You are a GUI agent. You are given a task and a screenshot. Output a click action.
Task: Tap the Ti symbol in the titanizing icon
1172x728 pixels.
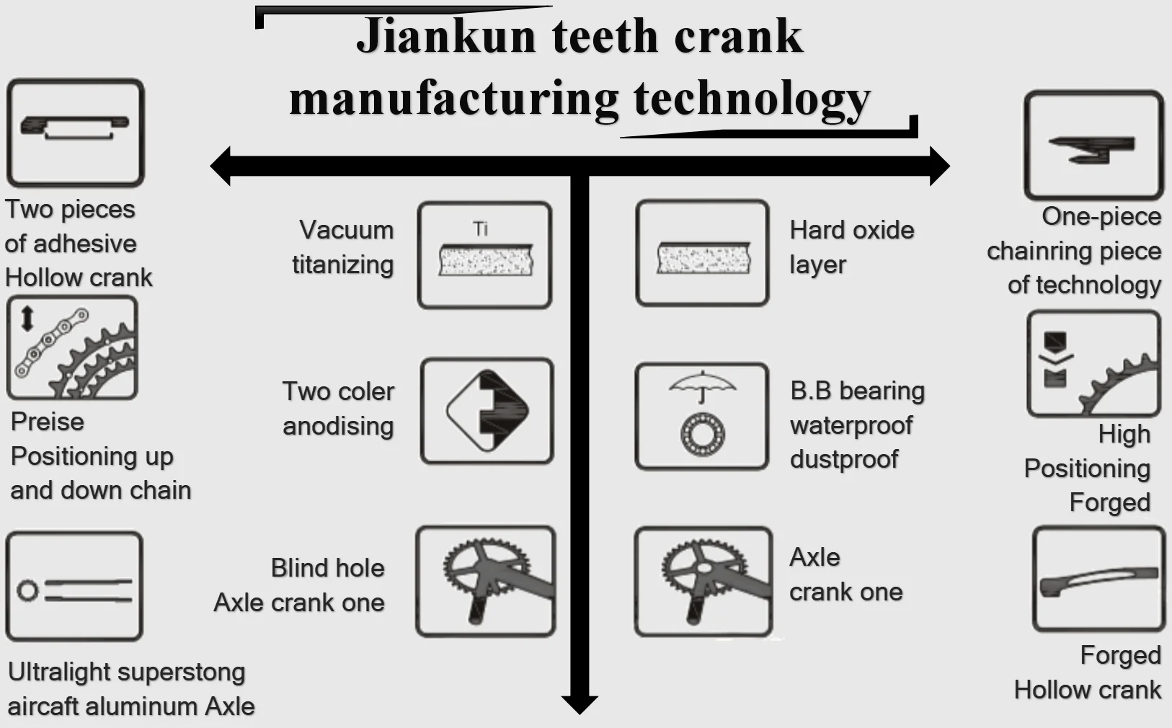[x=481, y=228]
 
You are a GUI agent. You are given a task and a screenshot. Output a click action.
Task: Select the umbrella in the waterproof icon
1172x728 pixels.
[x=702, y=385]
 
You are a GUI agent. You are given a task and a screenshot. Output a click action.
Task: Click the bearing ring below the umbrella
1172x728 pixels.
[x=702, y=432]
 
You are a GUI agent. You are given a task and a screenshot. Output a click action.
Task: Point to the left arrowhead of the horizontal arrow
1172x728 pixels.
[x=221, y=166]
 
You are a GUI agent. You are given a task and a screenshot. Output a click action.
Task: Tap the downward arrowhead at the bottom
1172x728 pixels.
[x=580, y=704]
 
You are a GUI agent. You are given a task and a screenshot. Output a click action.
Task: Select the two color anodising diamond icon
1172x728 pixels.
[x=487, y=411]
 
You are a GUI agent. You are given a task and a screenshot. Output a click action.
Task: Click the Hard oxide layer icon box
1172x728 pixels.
[x=702, y=254]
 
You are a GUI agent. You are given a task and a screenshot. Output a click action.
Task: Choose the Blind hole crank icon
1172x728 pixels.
[x=486, y=581]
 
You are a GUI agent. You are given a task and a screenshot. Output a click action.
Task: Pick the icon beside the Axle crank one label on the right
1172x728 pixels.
[x=703, y=581]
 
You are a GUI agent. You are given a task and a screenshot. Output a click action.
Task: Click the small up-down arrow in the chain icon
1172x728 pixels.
[x=27, y=318]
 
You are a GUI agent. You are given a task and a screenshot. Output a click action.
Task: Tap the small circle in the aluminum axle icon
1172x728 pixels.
[x=28, y=591]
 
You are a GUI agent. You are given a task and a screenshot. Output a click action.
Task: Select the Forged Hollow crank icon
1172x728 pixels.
[x=1098, y=580]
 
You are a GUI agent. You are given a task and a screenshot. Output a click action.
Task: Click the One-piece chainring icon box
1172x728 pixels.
[x=1093, y=146]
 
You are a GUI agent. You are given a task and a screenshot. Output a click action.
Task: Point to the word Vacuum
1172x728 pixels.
[x=347, y=230]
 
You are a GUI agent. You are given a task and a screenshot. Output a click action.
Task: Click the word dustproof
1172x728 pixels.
[x=844, y=459]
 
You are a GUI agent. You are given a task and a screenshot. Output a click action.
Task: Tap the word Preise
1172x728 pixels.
[x=48, y=422]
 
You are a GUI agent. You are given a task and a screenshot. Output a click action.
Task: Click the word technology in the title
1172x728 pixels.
[x=752, y=99]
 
